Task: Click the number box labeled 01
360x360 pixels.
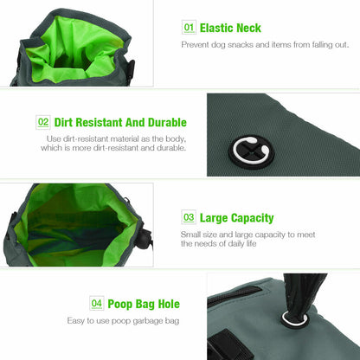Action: point(189,28)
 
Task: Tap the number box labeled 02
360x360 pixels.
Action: point(43,122)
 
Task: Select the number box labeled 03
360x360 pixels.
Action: point(189,217)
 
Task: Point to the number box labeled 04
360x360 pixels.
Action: point(97,303)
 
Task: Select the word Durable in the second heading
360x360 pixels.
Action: point(167,122)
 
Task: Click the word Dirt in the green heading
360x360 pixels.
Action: point(63,122)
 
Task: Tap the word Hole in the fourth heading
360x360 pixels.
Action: point(169,304)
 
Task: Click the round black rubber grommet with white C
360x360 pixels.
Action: point(251,151)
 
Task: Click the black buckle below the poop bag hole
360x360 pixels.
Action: point(228,345)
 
